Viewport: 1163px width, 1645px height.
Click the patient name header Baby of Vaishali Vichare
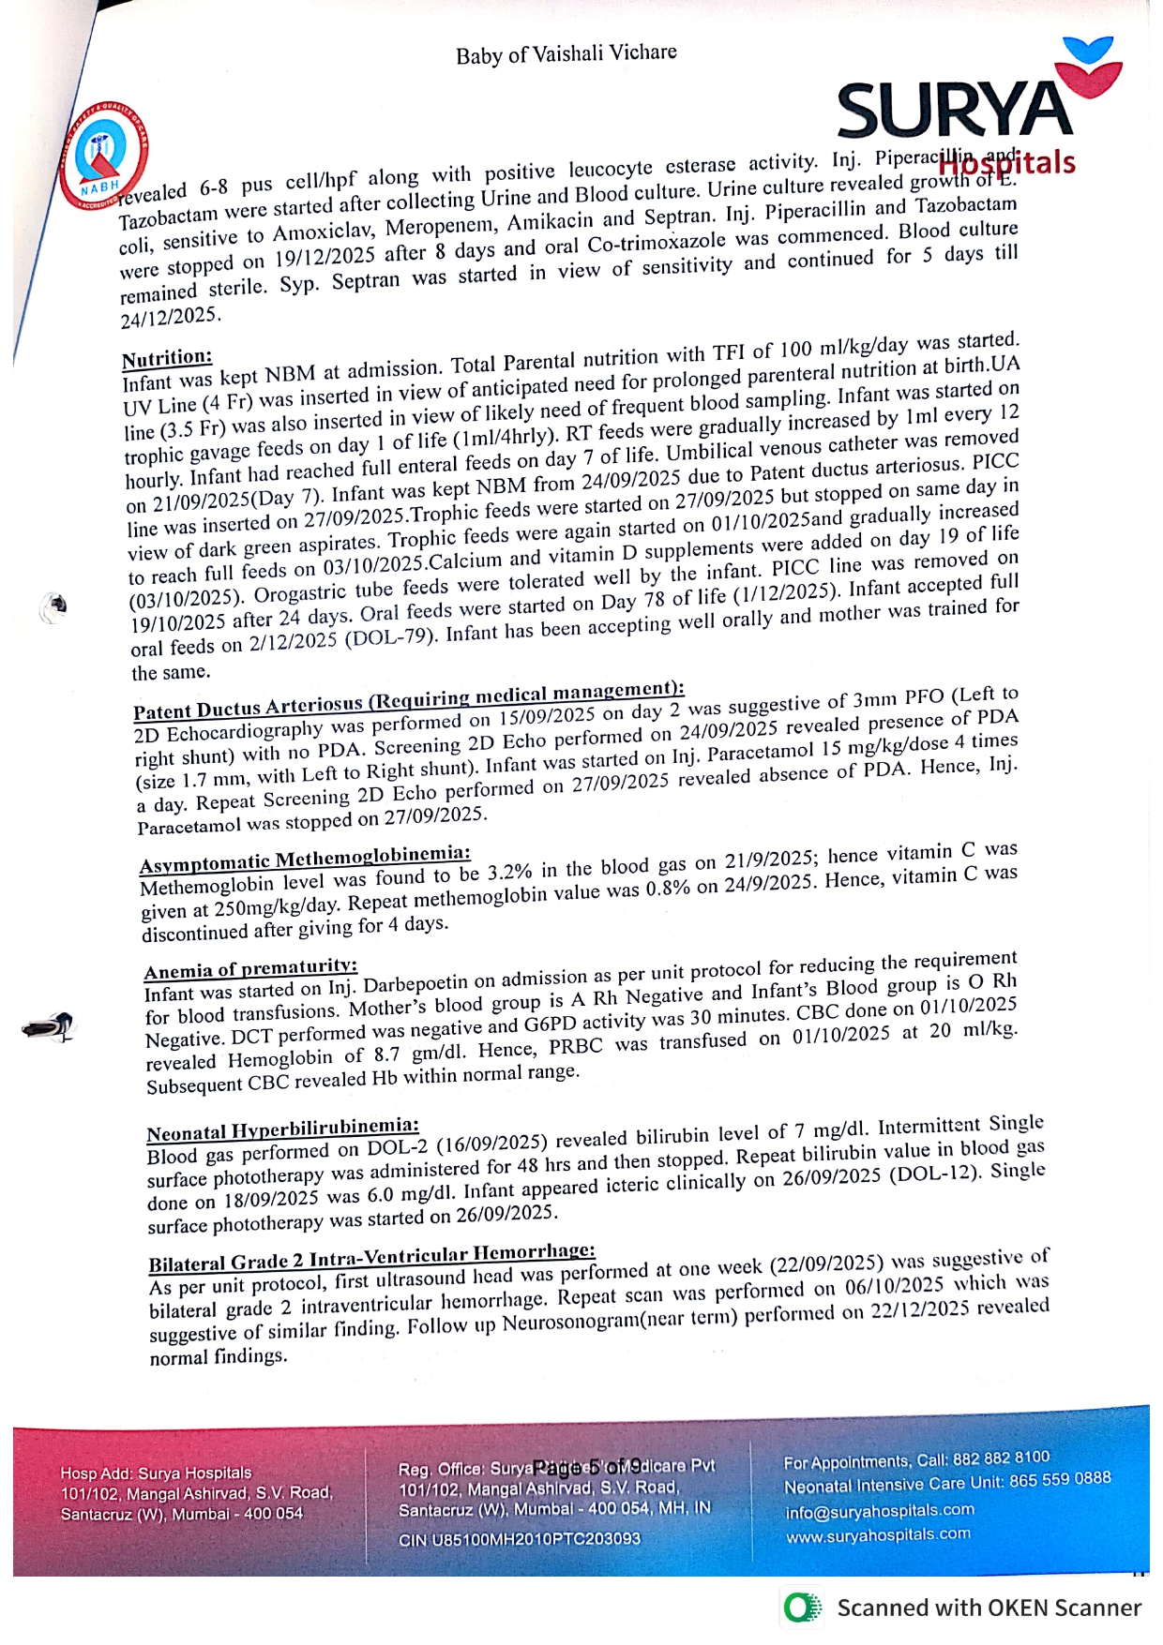[566, 53]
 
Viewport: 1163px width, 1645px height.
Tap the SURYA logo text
[954, 111]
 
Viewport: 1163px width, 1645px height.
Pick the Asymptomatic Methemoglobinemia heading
[305, 858]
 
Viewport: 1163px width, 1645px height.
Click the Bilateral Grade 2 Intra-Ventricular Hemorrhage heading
[371, 1258]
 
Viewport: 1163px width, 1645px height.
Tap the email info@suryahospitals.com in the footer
[880, 1511]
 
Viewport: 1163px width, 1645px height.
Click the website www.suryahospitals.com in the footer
[878, 1535]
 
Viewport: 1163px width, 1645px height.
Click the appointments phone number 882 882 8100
[1001, 1458]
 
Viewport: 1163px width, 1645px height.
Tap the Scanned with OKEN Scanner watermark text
[989, 1608]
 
